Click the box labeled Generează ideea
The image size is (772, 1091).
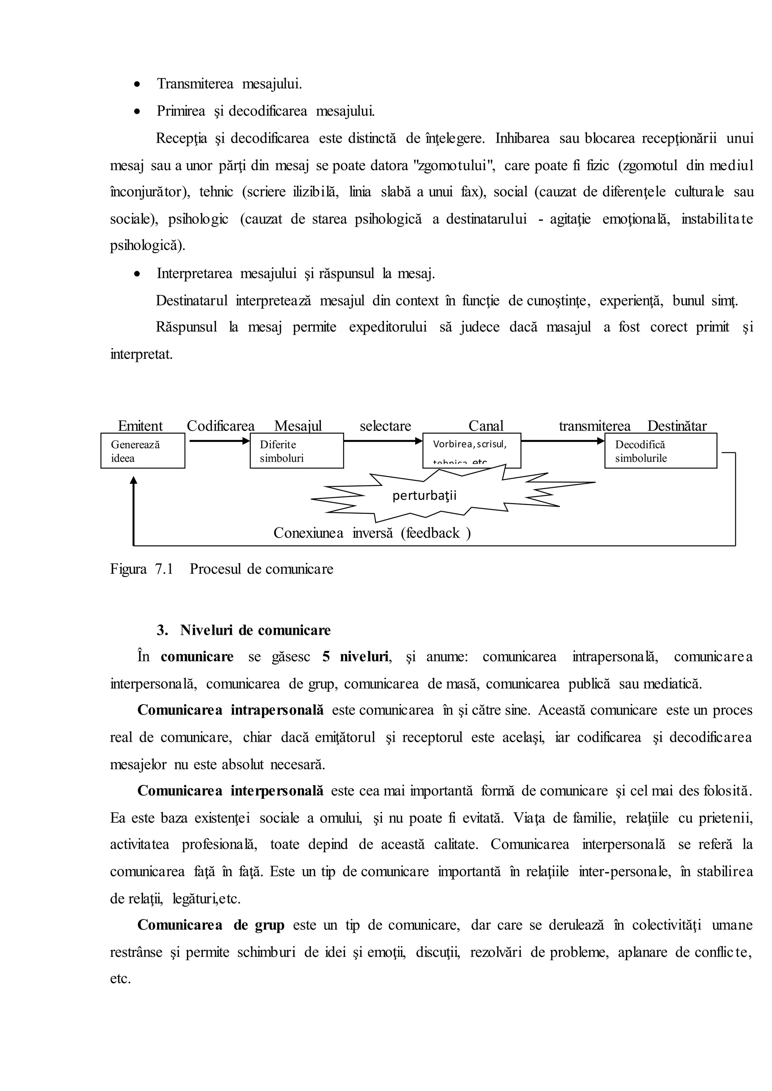[142, 451]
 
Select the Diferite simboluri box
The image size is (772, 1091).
[297, 451]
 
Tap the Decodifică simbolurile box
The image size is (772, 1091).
[660, 451]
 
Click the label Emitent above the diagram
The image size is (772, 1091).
[140, 426]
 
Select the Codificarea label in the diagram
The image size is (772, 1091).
[221, 426]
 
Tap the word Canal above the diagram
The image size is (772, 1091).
[486, 426]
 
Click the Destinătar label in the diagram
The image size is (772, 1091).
[677, 426]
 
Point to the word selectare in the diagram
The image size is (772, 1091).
[386, 426]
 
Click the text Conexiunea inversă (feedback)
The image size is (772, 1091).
[372, 533]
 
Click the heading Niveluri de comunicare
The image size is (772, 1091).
[255, 630]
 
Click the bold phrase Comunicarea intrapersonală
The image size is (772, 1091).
[231, 710]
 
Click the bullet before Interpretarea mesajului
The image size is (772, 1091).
[137, 274]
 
